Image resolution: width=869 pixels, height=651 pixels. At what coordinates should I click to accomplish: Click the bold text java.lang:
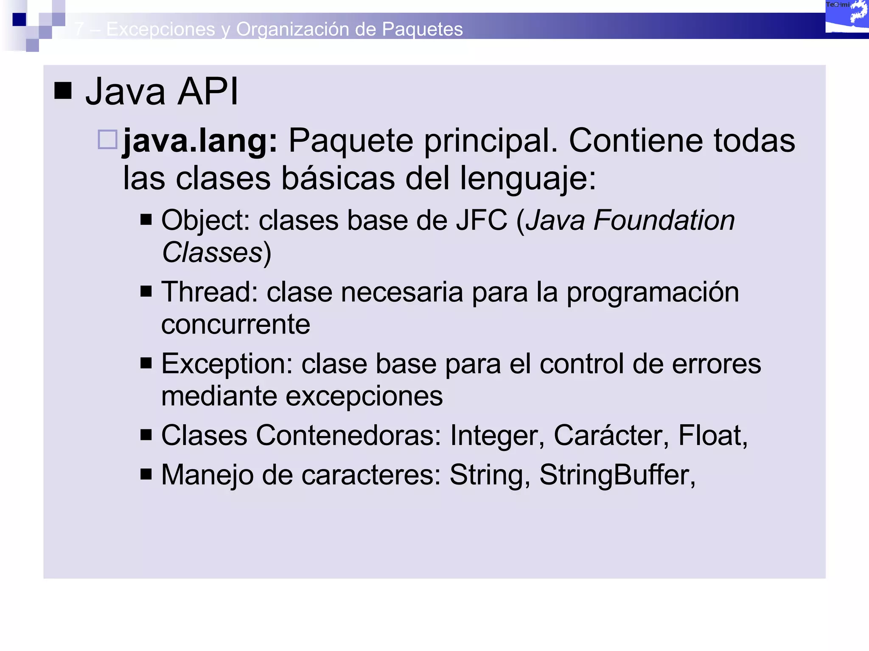(x=200, y=141)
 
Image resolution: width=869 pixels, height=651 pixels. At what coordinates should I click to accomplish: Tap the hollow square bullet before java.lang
(x=107, y=139)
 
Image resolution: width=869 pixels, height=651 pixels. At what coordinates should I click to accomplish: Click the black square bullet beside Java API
(x=63, y=90)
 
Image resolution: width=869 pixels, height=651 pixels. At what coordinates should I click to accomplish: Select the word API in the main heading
(x=208, y=92)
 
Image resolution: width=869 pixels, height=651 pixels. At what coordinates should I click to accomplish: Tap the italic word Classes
(x=212, y=253)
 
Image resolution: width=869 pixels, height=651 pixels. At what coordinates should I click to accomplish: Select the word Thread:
(x=210, y=292)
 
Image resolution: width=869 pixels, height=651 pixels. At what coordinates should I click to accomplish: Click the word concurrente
(x=235, y=324)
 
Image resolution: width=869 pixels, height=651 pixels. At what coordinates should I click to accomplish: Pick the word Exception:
(x=227, y=364)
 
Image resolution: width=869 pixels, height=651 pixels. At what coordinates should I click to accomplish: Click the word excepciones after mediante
(x=364, y=396)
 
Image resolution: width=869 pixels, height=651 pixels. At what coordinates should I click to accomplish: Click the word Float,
(x=712, y=435)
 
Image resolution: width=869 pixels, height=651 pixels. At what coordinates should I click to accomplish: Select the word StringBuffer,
(x=617, y=475)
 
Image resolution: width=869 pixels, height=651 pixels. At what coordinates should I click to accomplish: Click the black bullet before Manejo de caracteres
(x=146, y=474)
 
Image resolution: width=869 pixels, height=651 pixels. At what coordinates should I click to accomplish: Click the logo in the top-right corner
(x=847, y=17)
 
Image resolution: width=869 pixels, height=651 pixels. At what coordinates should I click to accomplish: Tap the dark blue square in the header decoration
(x=19, y=19)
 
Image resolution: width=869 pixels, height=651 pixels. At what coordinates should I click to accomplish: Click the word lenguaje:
(x=528, y=178)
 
